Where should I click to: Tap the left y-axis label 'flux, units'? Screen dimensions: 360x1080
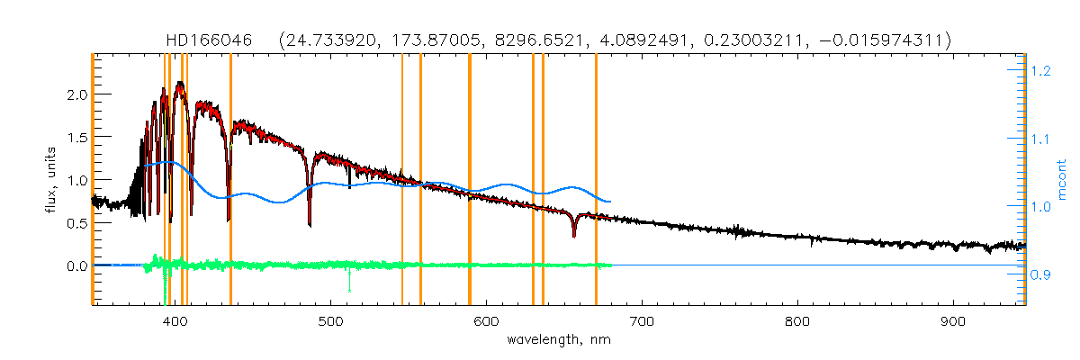coord(53,179)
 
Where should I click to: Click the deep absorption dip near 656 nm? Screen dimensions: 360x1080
coord(574,236)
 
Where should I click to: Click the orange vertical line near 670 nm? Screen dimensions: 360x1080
coord(596,180)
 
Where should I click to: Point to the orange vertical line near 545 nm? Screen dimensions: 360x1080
coord(401,180)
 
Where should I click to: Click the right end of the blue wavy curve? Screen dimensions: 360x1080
coord(611,202)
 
